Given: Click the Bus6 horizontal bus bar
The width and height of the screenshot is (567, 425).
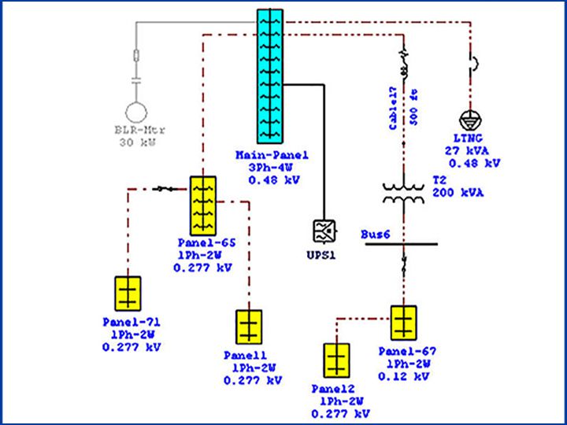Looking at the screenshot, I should pyautogui.click(x=402, y=243).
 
